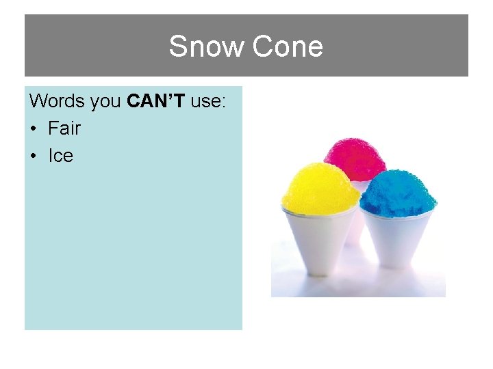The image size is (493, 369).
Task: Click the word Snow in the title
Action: coord(207,47)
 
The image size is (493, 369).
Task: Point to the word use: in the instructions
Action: coord(209,101)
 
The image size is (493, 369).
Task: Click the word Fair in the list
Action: coord(64,128)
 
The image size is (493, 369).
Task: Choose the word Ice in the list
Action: coord(60,156)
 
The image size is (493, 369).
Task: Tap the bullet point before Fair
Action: coord(35,129)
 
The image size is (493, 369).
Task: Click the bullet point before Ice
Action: coord(35,156)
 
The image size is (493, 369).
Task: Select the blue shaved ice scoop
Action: coord(399,191)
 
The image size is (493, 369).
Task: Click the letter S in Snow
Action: coord(177,47)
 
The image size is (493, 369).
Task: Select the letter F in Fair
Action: coord(53,128)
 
